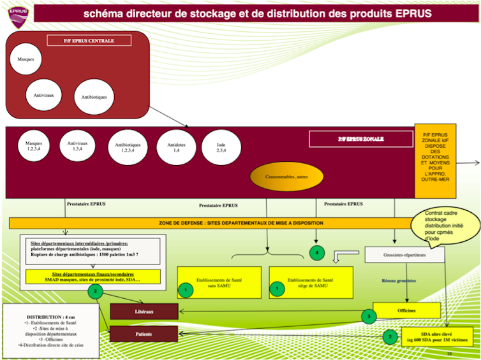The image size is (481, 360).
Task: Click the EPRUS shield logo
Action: (17, 13)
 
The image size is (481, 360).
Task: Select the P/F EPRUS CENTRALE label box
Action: (89, 41)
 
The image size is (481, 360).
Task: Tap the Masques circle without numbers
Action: (26, 60)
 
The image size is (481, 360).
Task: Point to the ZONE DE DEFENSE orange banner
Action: (214, 223)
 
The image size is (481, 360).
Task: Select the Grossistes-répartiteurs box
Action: (404, 255)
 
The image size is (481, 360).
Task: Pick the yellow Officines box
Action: (406, 310)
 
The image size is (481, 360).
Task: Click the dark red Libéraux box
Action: (144, 312)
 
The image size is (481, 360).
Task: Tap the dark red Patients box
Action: (144, 333)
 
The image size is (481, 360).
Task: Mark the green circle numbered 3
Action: (369, 315)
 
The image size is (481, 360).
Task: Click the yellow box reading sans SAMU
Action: (219, 282)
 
